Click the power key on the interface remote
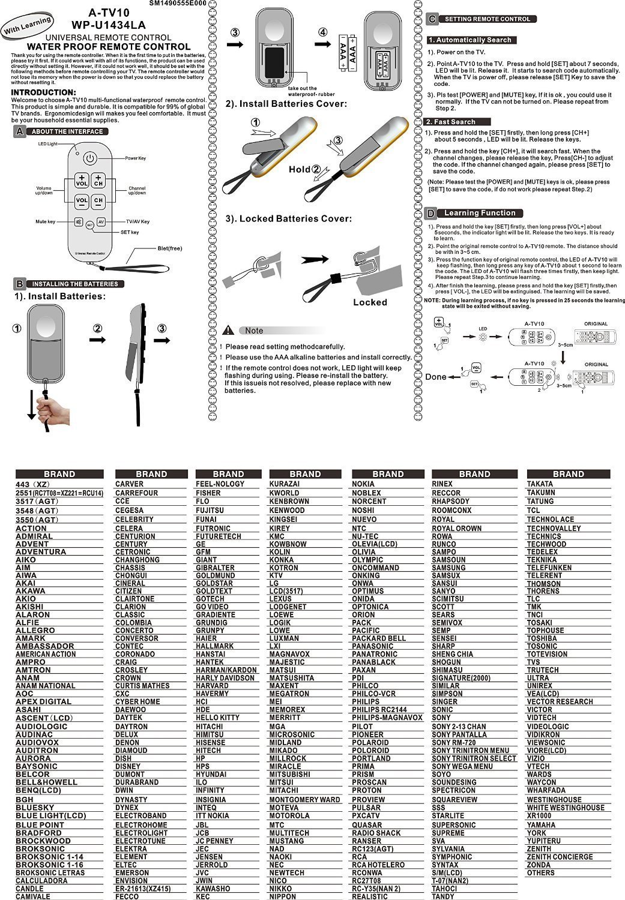click(89, 158)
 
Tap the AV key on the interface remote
click(101, 222)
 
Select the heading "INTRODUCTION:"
click(44, 92)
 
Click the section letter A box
click(20, 131)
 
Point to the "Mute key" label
click(45, 222)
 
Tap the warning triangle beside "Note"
click(228, 330)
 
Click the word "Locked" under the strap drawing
click(370, 302)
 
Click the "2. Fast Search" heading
click(450, 122)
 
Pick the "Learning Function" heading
click(480, 213)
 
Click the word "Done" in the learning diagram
click(436, 377)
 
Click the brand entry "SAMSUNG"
click(448, 568)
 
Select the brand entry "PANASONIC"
click(372, 646)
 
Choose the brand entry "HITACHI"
click(209, 727)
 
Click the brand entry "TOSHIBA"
click(542, 638)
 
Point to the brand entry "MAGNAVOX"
click(289, 654)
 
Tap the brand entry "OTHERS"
click(540, 872)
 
